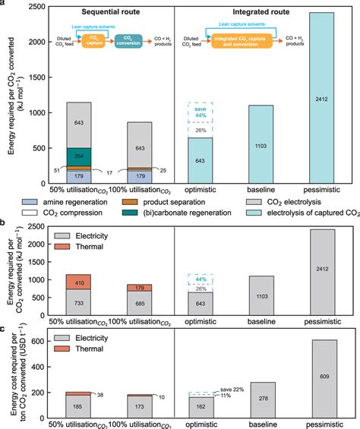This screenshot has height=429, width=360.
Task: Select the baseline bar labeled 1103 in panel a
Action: click(261, 144)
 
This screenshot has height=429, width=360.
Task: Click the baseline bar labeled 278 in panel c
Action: click(261, 398)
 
